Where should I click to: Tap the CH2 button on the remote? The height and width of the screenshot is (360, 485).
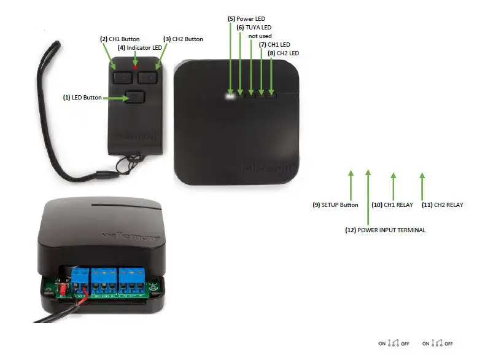[148, 77]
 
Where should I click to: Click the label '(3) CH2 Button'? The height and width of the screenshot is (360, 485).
[183, 39]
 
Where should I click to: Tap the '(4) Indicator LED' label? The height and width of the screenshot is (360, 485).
[140, 47]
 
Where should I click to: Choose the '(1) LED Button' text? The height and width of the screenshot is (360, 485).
[83, 97]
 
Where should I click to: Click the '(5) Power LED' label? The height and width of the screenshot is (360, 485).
[246, 19]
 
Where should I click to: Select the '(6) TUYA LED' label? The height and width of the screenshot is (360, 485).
[254, 28]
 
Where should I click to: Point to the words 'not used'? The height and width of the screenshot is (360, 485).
[260, 36]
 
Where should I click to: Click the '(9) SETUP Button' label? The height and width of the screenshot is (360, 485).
[335, 205]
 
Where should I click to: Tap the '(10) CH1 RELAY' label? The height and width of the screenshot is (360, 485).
[393, 205]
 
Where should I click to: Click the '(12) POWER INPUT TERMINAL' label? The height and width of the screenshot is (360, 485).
[385, 230]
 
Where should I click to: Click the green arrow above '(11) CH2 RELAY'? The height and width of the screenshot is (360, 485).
[422, 184]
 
